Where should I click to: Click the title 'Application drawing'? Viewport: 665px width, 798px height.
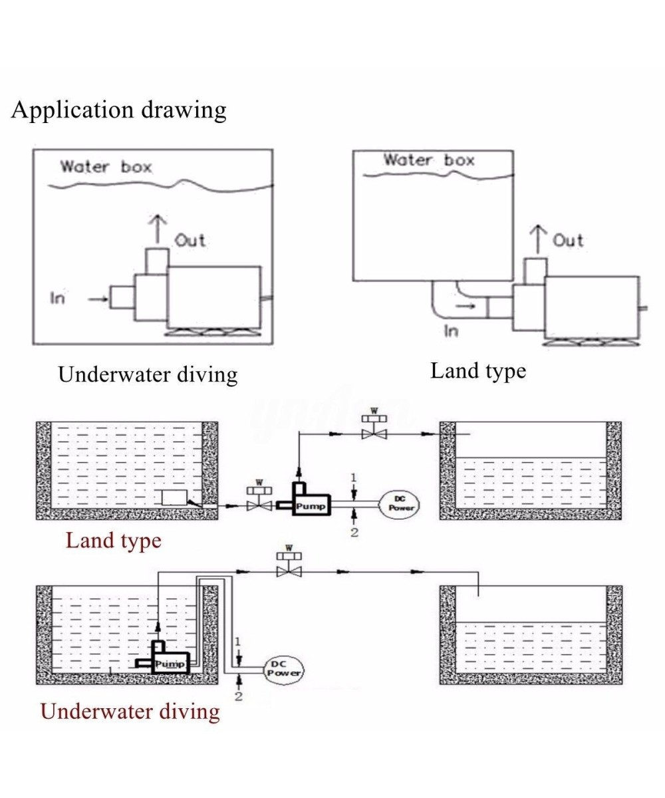click(x=118, y=110)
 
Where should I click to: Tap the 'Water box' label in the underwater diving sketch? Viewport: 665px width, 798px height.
click(x=106, y=166)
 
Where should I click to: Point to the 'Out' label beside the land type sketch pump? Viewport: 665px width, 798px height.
click(x=568, y=240)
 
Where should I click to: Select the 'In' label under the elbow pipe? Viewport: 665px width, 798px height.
click(x=451, y=331)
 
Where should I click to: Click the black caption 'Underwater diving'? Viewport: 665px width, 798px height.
click(x=148, y=374)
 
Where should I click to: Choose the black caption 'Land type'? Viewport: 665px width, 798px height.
click(x=477, y=370)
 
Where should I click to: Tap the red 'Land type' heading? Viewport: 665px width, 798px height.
click(x=113, y=540)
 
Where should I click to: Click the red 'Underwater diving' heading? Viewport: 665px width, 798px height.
click(x=130, y=711)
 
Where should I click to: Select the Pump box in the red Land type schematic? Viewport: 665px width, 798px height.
click(x=310, y=505)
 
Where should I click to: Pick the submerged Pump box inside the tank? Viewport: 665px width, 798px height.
click(x=170, y=663)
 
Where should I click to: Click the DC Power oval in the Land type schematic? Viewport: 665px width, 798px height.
click(x=400, y=504)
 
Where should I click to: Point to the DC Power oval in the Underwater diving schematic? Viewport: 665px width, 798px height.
click(x=284, y=668)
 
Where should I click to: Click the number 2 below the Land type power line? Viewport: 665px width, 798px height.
click(x=354, y=532)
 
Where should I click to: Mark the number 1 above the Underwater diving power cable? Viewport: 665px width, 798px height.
click(x=238, y=641)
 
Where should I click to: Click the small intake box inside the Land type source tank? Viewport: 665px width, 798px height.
click(x=174, y=497)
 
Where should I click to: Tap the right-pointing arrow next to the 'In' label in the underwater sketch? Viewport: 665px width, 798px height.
click(x=98, y=299)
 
